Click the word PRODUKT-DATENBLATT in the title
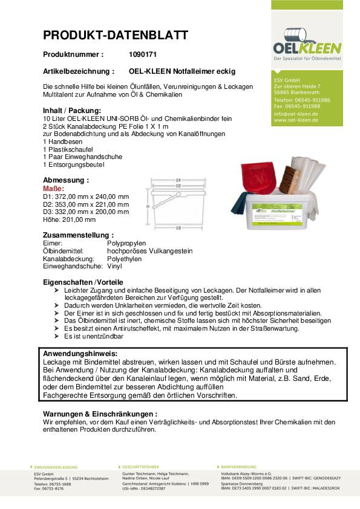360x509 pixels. pos(116,35)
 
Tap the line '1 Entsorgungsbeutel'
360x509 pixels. pos(74,164)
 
